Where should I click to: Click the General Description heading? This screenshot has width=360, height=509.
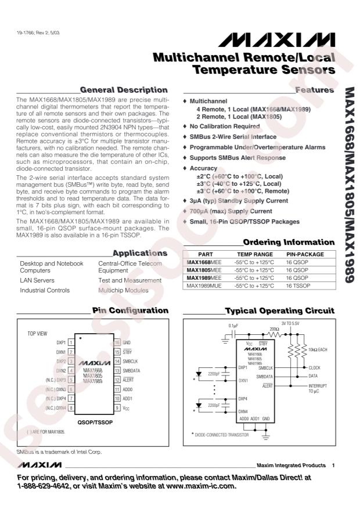(x=124, y=90)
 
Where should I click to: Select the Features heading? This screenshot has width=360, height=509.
(x=314, y=90)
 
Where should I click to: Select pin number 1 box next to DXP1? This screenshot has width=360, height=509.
(x=70, y=342)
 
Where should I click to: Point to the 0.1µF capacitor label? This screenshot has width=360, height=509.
(x=233, y=325)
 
